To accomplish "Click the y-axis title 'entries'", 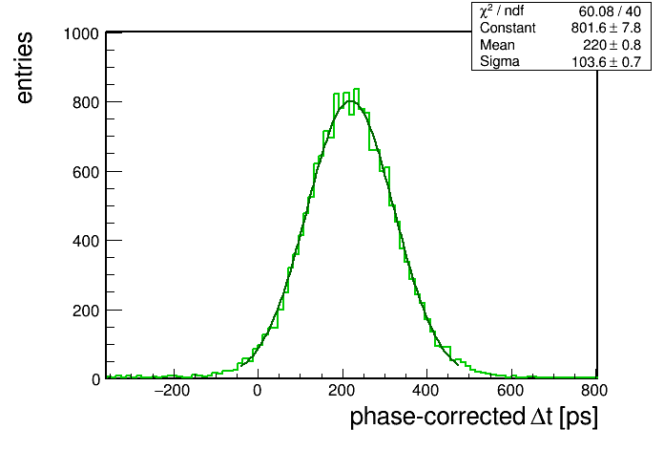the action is pyautogui.click(x=25, y=68).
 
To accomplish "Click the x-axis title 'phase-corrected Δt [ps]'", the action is pyautogui.click(x=474, y=417).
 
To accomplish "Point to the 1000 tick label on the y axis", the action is pyautogui.click(x=81, y=33).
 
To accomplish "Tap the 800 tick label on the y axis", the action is pyautogui.click(x=86, y=102).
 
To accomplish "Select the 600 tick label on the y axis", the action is pyautogui.click(x=86, y=172).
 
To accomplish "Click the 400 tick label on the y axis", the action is pyautogui.click(x=86, y=241).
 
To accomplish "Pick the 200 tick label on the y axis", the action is pyautogui.click(x=86, y=311).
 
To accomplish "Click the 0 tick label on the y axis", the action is pyautogui.click(x=95, y=379).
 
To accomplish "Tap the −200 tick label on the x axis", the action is pyautogui.click(x=172, y=391).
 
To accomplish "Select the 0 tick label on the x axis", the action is pyautogui.click(x=258, y=391).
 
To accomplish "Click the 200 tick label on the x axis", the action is pyautogui.click(x=342, y=391).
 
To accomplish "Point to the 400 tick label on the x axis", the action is pyautogui.click(x=426, y=391).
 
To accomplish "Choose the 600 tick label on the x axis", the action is pyautogui.click(x=510, y=391).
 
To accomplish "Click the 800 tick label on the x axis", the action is pyautogui.click(x=594, y=391).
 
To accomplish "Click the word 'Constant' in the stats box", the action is pyautogui.click(x=508, y=28).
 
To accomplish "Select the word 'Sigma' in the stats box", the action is pyautogui.click(x=500, y=62).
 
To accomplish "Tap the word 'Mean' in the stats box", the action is pyautogui.click(x=497, y=45).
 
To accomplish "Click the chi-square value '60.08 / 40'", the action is pyautogui.click(x=610, y=11).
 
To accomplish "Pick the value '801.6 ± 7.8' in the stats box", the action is pyautogui.click(x=606, y=28).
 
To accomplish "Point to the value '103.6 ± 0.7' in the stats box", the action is pyautogui.click(x=607, y=62).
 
